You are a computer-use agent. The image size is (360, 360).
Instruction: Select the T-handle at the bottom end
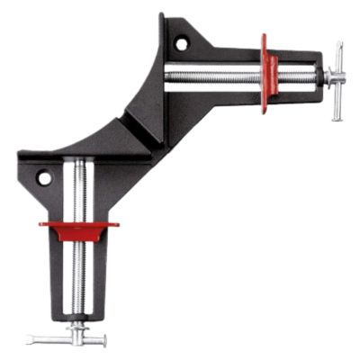point(67,340)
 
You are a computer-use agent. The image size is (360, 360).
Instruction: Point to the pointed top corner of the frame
point(163,16)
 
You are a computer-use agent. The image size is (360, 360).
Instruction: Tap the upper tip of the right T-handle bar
point(338,45)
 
